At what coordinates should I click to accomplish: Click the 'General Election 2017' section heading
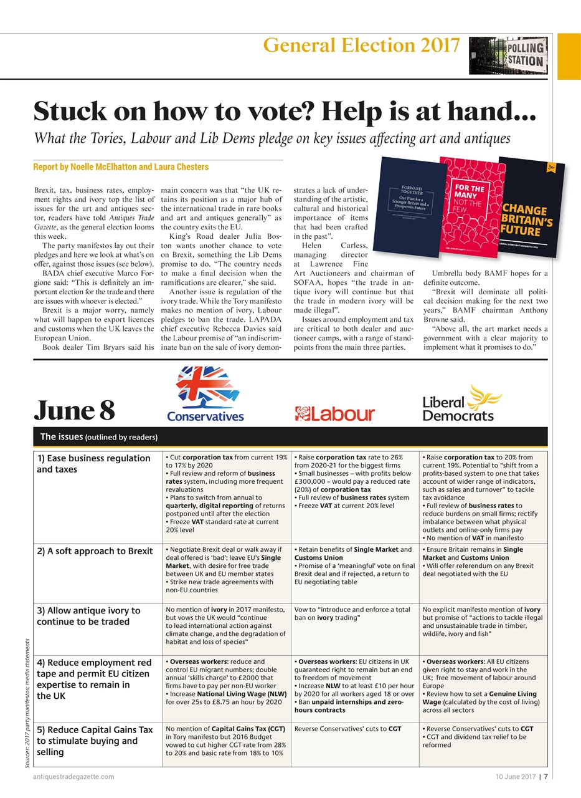coord(361,46)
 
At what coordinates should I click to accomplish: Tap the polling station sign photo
coord(508,55)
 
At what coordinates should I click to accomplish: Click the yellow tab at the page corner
coord(568,56)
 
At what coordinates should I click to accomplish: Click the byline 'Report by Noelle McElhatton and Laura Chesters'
coord(121,167)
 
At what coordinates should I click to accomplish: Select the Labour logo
coord(334,414)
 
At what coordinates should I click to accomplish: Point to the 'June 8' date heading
coord(74,410)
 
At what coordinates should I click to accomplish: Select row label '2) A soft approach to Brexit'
coord(95,551)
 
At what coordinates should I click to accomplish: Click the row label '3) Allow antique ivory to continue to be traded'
coord(89,616)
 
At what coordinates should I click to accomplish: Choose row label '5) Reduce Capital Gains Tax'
coord(95,741)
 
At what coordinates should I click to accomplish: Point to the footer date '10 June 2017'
coord(516,777)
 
